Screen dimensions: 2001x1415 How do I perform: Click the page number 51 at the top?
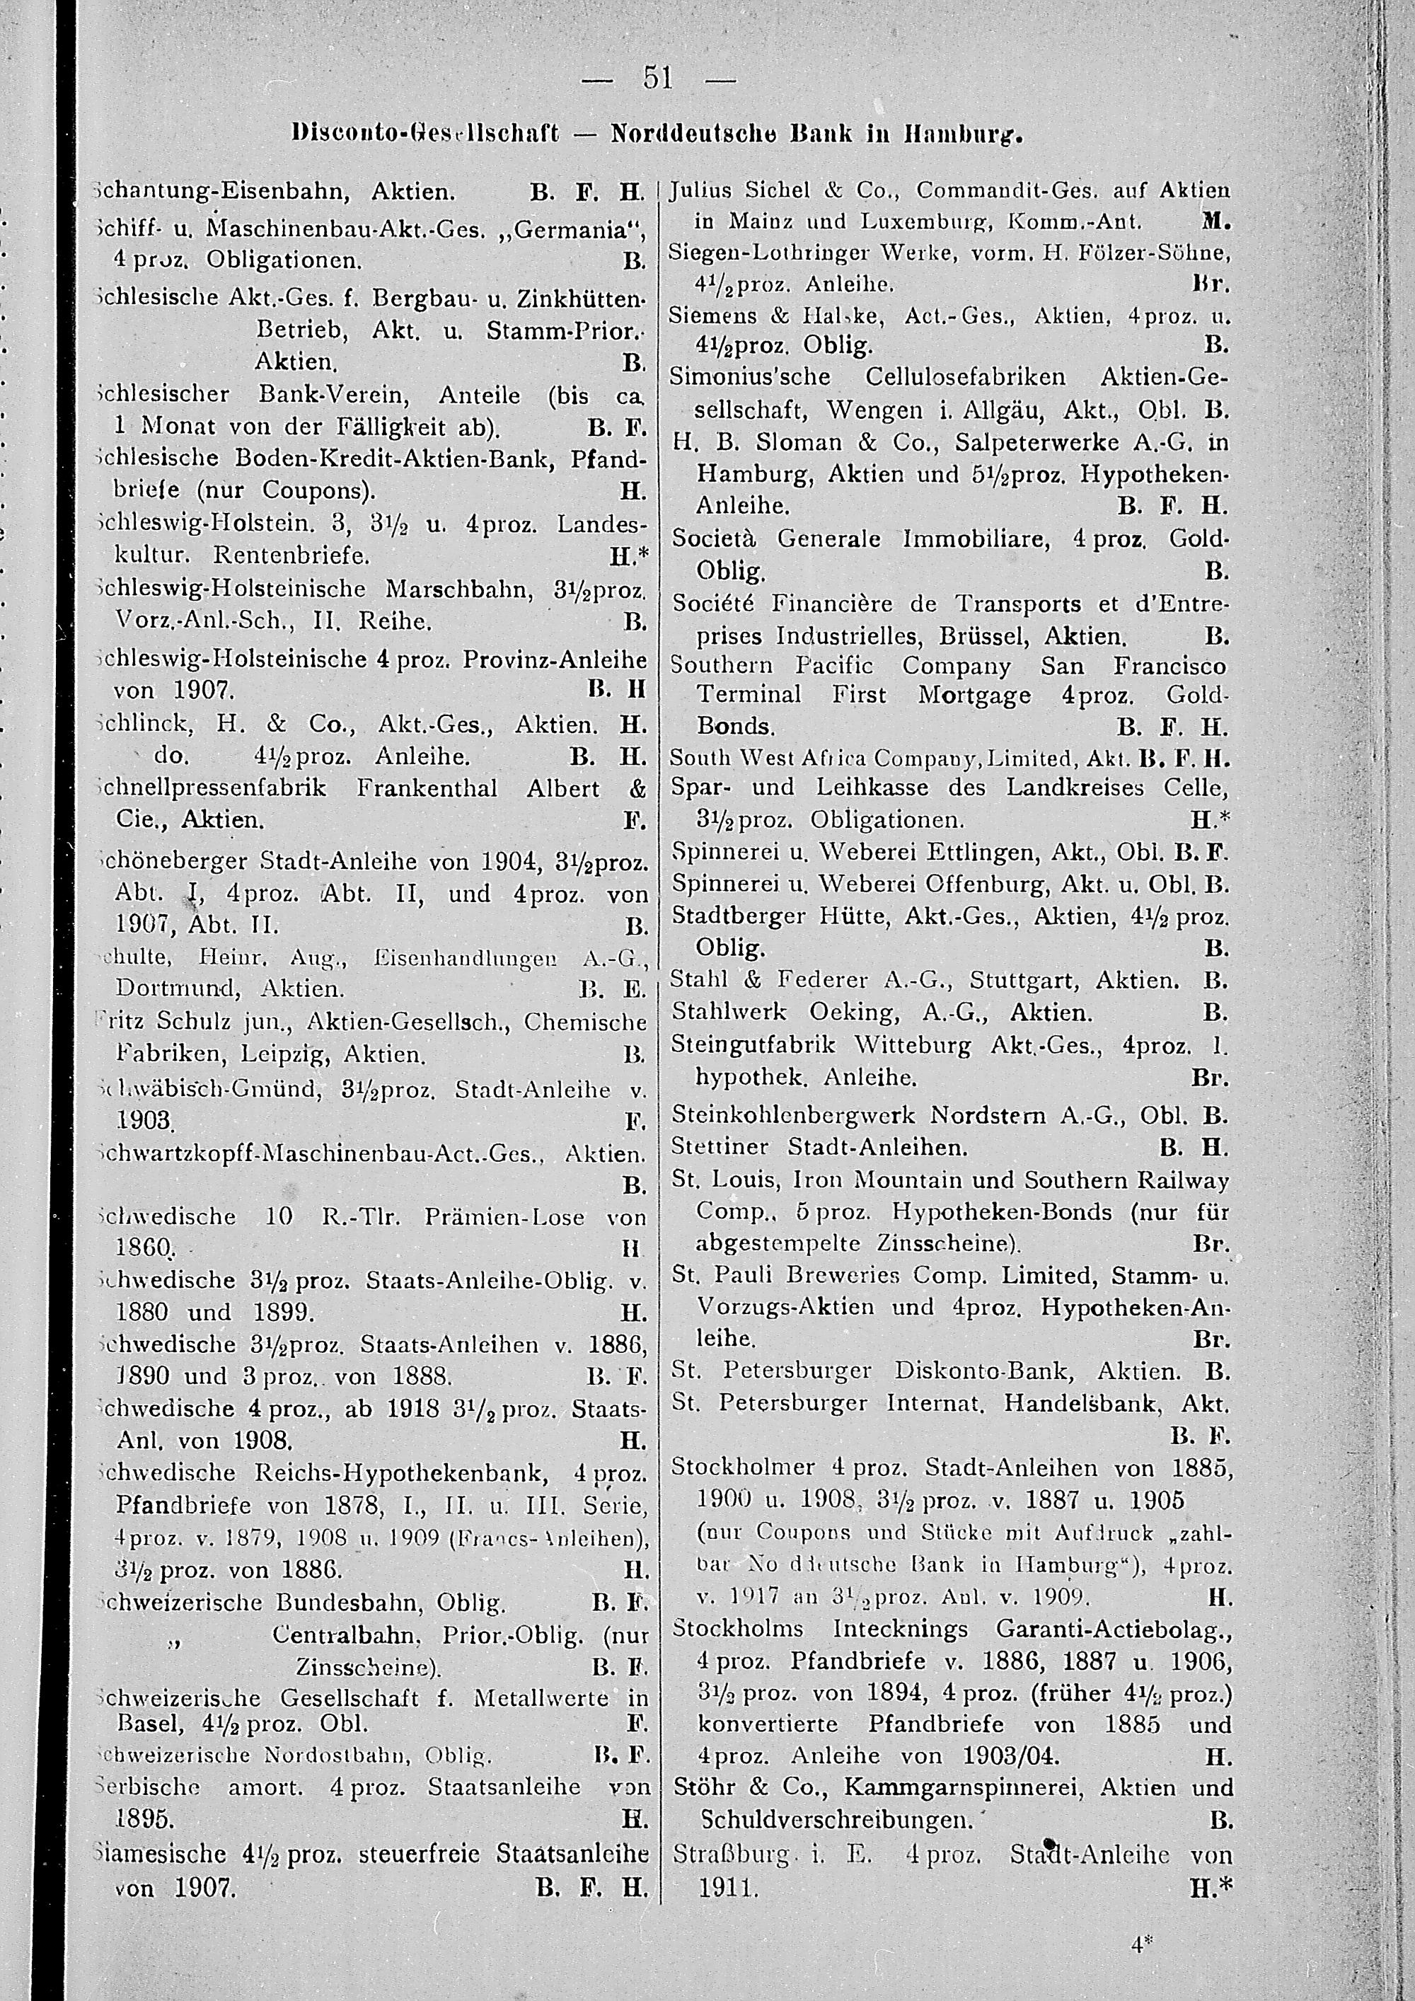pyautogui.click(x=659, y=79)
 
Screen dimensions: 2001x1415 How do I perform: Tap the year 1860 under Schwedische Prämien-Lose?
pyautogui.click(x=144, y=1249)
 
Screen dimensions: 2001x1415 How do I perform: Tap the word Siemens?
pyautogui.click(x=707, y=318)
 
